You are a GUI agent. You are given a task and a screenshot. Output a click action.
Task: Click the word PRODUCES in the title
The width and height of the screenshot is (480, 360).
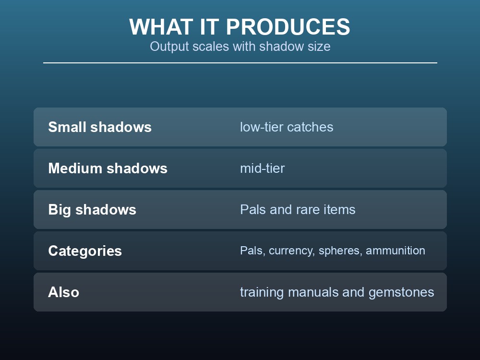pos(288,27)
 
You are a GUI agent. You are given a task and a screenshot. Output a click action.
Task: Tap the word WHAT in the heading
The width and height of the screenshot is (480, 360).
pos(161,27)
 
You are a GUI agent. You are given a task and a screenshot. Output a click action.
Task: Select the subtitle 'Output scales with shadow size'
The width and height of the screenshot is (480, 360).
pos(240,47)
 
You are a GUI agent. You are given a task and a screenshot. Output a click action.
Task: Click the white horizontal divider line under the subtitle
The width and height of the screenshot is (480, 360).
pos(240,63)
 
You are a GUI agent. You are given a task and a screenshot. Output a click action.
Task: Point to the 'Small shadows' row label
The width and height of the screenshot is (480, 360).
pos(100,127)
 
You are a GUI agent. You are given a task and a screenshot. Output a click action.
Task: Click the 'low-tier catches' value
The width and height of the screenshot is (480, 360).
pos(287,127)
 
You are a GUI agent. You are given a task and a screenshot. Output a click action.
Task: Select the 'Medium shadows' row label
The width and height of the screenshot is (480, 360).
pos(108,168)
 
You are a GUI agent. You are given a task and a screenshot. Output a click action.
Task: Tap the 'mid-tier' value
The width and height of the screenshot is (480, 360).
pos(263,168)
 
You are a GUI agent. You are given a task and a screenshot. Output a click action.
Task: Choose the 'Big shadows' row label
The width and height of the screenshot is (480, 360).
pos(92,210)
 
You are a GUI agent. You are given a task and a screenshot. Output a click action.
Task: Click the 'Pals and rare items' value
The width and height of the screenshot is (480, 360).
pos(298,210)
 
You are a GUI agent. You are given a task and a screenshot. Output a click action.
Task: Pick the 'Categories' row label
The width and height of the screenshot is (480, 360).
pos(85,251)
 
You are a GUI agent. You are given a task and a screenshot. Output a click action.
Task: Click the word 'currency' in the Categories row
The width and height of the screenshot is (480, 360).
pos(292,251)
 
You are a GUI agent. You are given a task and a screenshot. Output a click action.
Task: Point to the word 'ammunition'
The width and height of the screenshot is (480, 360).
pos(396,251)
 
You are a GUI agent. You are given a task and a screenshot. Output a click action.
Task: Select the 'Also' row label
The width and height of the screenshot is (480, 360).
pos(64,292)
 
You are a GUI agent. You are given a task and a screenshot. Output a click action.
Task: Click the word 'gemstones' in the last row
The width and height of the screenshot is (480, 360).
pos(401,292)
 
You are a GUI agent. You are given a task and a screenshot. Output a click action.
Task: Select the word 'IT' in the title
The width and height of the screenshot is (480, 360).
pos(210,27)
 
